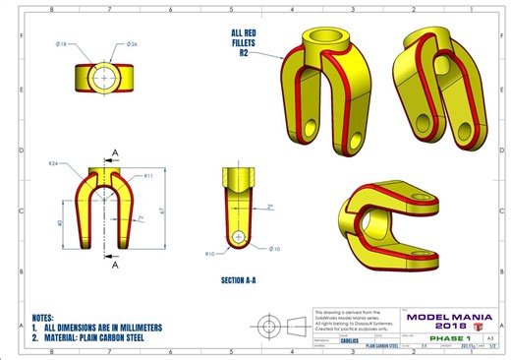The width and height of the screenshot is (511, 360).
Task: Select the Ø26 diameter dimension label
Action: click(x=132, y=44)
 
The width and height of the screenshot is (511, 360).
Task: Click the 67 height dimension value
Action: click(x=172, y=209)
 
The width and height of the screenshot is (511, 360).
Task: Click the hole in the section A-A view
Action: click(x=241, y=237)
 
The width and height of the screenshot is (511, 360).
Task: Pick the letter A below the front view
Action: click(x=114, y=266)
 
